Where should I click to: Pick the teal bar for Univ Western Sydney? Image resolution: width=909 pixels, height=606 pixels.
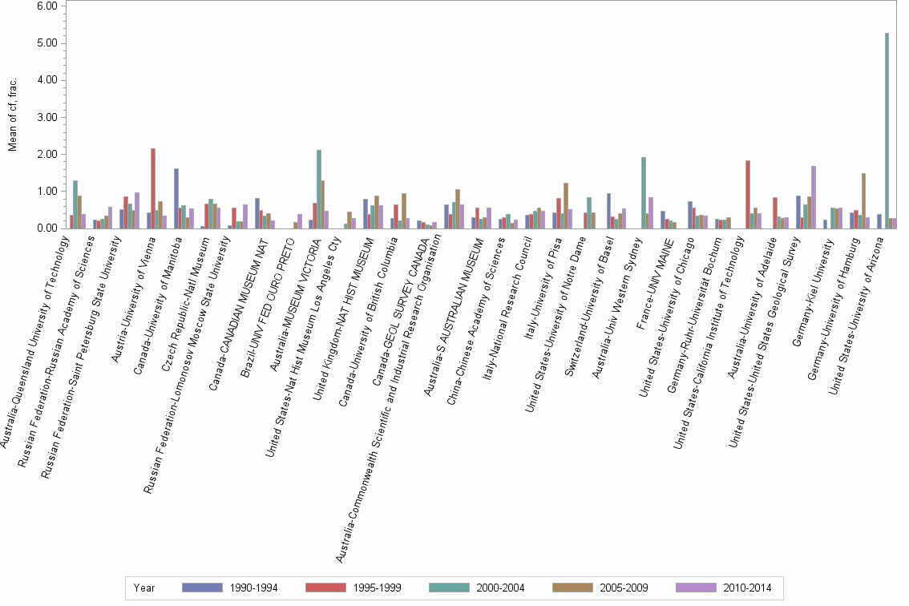[644, 192]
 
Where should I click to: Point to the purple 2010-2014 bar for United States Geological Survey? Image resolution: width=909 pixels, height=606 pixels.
[813, 197]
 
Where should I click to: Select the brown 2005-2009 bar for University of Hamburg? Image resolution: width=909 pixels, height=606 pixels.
[863, 200]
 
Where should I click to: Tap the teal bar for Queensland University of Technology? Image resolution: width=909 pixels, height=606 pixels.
[75, 204]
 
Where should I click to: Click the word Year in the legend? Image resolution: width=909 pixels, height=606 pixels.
[144, 588]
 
